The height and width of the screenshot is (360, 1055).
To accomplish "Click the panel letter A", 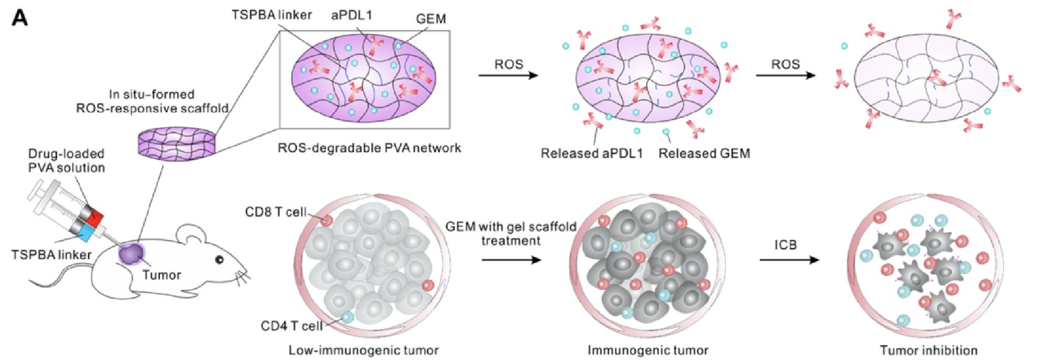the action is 20,18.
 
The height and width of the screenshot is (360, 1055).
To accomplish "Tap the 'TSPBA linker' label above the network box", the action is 272,15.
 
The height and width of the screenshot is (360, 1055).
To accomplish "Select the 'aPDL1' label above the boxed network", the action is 351,15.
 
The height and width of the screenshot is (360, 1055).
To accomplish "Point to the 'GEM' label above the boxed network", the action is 431,19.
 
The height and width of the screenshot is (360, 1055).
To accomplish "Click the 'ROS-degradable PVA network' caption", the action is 369,148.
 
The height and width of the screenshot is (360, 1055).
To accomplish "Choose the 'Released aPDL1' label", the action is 592,153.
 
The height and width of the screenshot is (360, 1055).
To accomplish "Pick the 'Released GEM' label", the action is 704,153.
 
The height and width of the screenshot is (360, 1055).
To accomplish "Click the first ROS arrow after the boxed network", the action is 508,75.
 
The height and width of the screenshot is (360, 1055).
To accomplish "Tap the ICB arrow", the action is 789,260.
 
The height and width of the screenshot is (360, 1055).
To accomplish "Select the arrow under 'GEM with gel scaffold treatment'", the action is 511,260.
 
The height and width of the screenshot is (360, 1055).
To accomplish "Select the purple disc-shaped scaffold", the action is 177,142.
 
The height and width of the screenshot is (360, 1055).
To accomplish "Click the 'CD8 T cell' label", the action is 276,212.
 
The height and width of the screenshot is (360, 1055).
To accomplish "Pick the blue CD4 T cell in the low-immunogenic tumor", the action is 347,317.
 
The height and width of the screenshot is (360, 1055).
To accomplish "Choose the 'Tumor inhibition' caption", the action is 928,350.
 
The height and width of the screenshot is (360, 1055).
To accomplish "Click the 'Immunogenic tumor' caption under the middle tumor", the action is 648,350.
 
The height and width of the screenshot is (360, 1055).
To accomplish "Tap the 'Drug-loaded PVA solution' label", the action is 67,160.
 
